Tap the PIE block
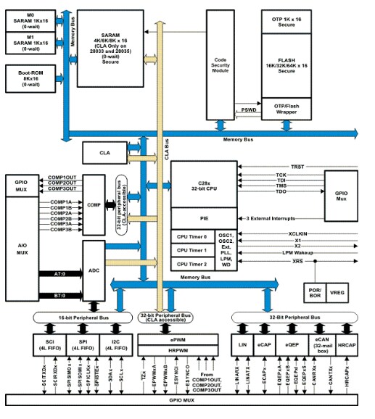(202, 217)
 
